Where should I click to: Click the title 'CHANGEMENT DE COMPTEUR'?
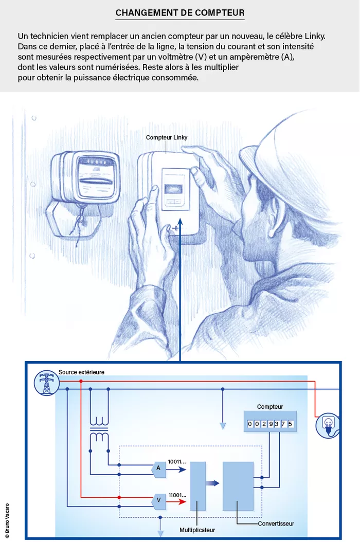point(180,13)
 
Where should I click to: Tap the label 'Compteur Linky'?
point(167,137)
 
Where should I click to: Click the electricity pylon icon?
point(46,384)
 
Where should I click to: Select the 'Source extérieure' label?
point(81,372)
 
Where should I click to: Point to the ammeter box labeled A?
point(159,468)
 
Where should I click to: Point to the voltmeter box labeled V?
point(159,499)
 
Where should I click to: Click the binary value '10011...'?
point(177,462)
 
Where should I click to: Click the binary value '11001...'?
point(177,495)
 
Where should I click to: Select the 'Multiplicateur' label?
point(197,530)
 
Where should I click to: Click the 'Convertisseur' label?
point(276,523)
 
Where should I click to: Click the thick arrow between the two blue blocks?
point(212,483)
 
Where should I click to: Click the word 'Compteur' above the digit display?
point(270,407)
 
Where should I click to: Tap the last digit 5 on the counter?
point(291,424)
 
